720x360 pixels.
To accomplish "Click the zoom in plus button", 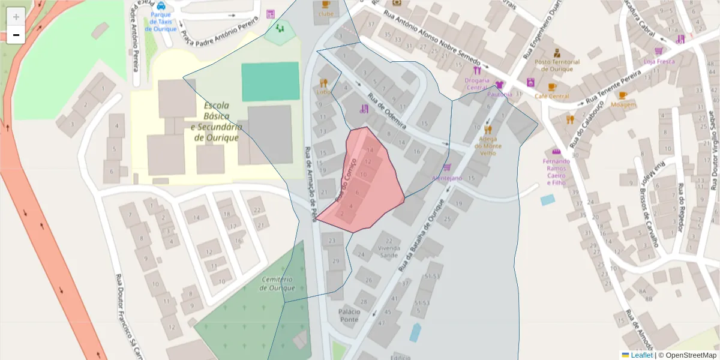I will [16, 17].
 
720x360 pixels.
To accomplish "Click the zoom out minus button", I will [16, 35].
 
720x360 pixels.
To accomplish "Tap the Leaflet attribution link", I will [637, 355].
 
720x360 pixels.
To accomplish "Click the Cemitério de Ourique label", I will [277, 284].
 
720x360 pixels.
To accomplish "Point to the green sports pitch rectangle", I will [270, 82].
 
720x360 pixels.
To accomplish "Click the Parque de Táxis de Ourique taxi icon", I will [161, 6].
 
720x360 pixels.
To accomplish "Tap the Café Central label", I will [551, 96].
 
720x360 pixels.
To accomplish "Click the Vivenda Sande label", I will [389, 251].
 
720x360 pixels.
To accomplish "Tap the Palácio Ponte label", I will [349, 316].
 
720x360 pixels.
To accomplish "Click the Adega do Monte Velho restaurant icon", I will [488, 130].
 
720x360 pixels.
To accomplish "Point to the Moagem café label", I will [623, 104].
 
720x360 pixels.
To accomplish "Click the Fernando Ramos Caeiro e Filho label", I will [556, 172].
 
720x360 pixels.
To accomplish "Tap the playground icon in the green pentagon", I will [280, 28].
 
